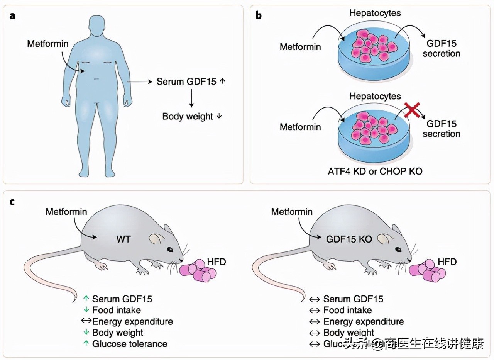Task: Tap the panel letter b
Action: click(x=259, y=15)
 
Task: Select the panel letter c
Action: click(x=12, y=202)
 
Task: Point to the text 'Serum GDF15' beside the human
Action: click(x=186, y=82)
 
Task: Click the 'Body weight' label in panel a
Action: click(x=188, y=116)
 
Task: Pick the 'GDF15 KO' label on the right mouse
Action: click(x=349, y=239)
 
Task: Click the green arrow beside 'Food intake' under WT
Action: click(x=86, y=310)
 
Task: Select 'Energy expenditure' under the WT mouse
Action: click(x=132, y=321)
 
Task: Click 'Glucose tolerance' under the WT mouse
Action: click(x=129, y=344)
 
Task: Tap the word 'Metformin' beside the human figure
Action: click(x=47, y=43)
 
